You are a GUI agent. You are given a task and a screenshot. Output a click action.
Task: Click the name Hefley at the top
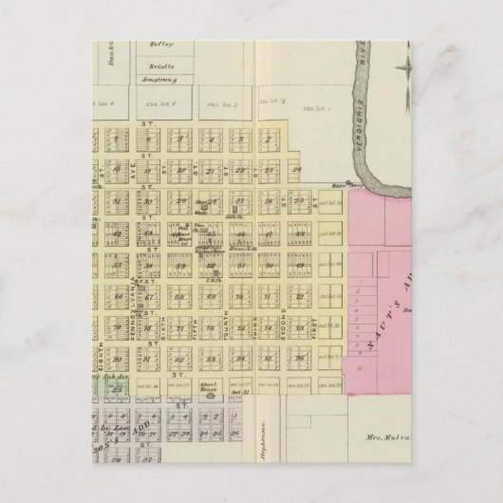tap(157, 45)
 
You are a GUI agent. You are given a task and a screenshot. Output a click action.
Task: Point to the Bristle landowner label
tap(158, 67)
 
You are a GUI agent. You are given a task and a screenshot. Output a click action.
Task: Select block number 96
tap(299, 358)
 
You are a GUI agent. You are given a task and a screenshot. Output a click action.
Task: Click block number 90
tap(119, 359)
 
